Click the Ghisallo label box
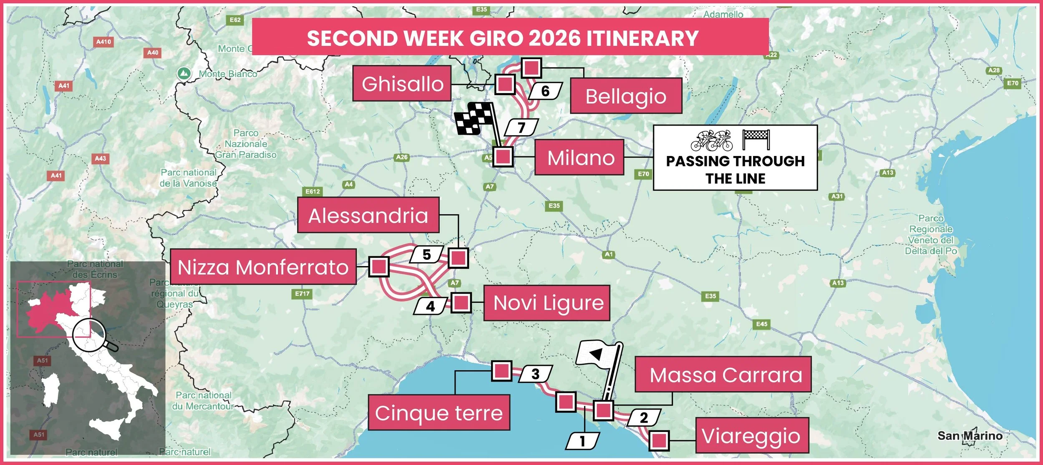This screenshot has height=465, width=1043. pyautogui.click(x=402, y=83)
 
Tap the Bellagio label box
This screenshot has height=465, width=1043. pyautogui.click(x=626, y=96)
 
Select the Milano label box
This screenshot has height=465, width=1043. pyautogui.click(x=580, y=157)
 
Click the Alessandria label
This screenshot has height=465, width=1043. pyautogui.click(x=368, y=215)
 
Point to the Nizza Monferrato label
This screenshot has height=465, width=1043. pyautogui.click(x=263, y=267)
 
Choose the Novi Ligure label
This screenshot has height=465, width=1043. pyautogui.click(x=547, y=303)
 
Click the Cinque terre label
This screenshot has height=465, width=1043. pyautogui.click(x=439, y=412)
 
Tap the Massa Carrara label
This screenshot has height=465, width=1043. pyautogui.click(x=723, y=374)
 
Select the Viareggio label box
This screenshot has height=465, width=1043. pyautogui.click(x=752, y=435)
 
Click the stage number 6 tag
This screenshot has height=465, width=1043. pyautogui.click(x=545, y=91)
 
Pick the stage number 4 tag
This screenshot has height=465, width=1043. pyautogui.click(x=430, y=307)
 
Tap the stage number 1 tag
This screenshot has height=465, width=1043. pyautogui.click(x=582, y=441)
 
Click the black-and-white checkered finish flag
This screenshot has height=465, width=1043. pyautogui.click(x=474, y=119)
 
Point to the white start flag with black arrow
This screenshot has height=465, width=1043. pyautogui.click(x=597, y=354)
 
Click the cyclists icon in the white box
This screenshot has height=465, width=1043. pyautogui.click(x=711, y=141)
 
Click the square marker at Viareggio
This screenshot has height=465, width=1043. pyautogui.click(x=659, y=440)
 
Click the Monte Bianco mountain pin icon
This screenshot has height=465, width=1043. pyautogui.click(x=184, y=73)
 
